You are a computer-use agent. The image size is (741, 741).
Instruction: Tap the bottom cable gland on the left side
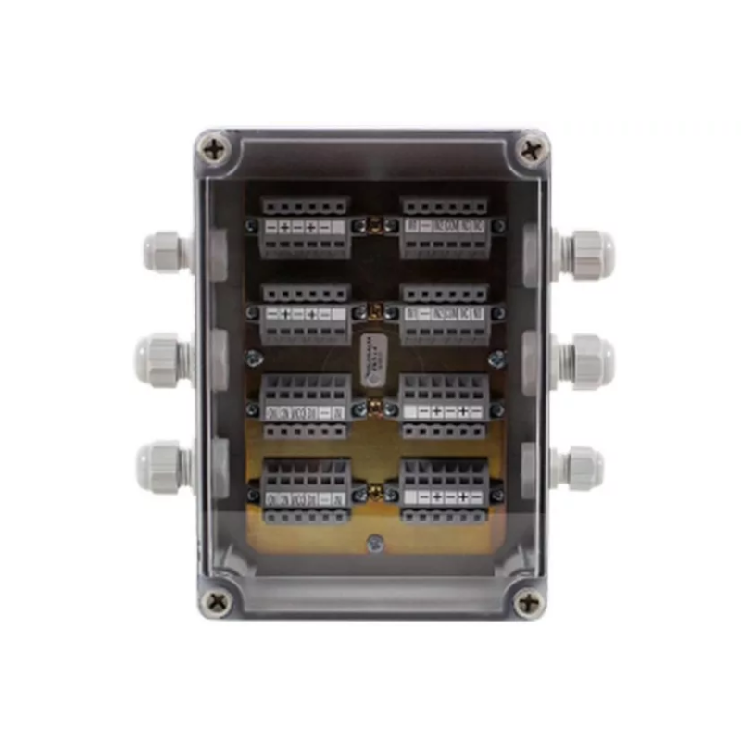tap(162, 464)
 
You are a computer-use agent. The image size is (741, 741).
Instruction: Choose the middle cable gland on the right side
tap(585, 358)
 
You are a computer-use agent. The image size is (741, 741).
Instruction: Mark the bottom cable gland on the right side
tap(580, 466)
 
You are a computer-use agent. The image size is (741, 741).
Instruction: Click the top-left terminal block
tap(305, 226)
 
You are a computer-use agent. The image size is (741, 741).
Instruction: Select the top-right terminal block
tap(445, 226)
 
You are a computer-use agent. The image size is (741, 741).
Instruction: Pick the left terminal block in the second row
tap(305, 313)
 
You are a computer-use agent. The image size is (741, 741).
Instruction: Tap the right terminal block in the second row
tap(445, 313)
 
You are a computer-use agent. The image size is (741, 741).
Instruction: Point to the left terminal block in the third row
tap(305, 407)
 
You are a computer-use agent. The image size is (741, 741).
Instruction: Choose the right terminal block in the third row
tap(445, 407)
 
